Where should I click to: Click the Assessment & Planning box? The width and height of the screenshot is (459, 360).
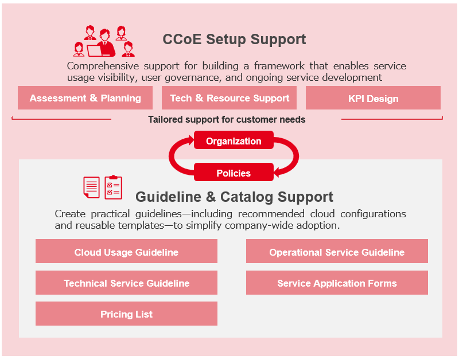(85, 98)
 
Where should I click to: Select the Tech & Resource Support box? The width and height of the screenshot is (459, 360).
(229, 98)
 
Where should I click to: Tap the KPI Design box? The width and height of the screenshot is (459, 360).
(373, 98)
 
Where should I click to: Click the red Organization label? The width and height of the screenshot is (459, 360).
(234, 140)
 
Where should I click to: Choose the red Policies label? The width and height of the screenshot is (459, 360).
(234, 173)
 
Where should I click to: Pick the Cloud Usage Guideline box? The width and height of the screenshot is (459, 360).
(126, 252)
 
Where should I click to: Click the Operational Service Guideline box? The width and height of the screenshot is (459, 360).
(337, 252)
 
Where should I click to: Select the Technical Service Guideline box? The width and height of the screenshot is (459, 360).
(126, 283)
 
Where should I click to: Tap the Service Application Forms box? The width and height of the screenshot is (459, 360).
(337, 283)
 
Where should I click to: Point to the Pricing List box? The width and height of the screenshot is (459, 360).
(126, 314)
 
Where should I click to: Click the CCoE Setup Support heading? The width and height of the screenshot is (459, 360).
(234, 40)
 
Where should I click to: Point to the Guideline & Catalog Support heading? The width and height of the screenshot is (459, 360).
(234, 197)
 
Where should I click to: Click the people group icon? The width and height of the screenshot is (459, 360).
(104, 41)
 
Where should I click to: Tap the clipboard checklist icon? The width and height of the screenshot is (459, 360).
(114, 187)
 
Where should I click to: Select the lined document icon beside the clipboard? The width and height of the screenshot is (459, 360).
(91, 187)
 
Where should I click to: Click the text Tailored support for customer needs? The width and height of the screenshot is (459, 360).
(227, 120)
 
